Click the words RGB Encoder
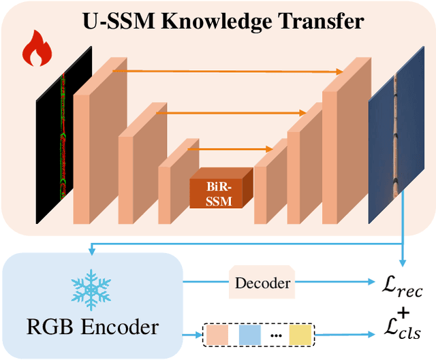click(93, 327)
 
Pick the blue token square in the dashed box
click(250, 335)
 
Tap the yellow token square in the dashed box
click(300, 335)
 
